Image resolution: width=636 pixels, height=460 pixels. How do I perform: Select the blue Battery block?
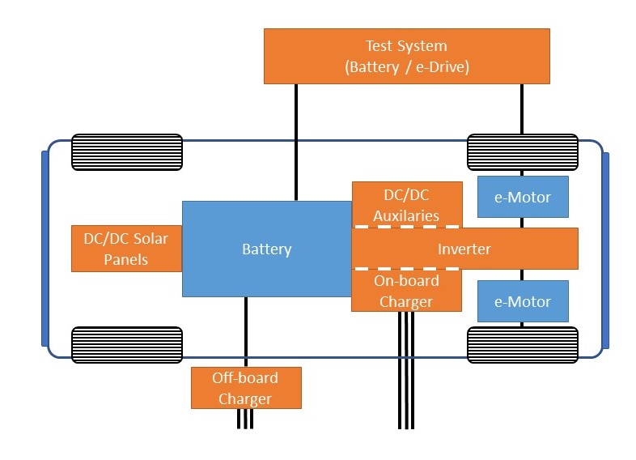point(266,249)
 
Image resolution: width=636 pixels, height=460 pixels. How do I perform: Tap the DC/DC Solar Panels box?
point(127,248)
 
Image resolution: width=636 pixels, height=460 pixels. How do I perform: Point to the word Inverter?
point(464,249)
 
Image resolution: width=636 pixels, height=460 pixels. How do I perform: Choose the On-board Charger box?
point(406,292)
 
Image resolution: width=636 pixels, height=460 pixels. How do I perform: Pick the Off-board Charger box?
point(245,388)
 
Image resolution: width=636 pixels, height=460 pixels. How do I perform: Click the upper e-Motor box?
point(523,197)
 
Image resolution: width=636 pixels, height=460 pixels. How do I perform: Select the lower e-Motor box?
point(523,301)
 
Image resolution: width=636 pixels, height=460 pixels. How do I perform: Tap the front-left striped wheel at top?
point(127,151)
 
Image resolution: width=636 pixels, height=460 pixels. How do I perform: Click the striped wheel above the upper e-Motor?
point(523,151)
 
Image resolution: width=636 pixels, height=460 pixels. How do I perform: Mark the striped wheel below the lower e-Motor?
point(523,344)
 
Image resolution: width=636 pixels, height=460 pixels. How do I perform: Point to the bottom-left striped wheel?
point(127,344)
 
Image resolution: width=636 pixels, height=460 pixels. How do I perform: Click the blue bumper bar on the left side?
point(45,248)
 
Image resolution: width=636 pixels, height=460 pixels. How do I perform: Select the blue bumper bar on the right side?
point(605,248)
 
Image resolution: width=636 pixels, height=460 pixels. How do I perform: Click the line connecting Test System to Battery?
point(296,142)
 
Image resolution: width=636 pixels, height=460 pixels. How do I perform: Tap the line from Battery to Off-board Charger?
point(245,332)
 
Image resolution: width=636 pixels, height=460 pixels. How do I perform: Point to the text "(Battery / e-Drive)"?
point(406,67)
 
